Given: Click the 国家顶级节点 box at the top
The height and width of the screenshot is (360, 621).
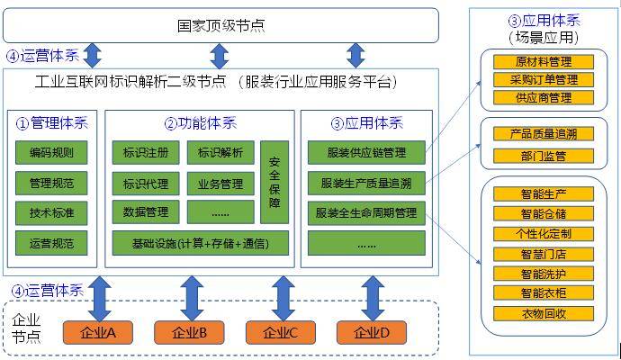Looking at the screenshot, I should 220,25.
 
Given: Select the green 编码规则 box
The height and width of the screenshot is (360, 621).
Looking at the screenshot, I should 51,152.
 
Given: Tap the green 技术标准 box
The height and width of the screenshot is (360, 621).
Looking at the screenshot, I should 51,213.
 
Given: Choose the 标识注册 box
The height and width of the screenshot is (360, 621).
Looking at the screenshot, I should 145,152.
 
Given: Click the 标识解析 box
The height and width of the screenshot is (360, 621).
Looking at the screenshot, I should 220,152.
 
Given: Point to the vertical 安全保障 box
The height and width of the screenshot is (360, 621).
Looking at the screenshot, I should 274,181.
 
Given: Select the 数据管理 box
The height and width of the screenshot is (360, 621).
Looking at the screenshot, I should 145,212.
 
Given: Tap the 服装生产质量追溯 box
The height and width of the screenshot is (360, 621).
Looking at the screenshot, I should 365,184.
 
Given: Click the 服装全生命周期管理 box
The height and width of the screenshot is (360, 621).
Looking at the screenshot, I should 365,213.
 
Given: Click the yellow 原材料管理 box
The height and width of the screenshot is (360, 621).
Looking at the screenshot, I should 544,62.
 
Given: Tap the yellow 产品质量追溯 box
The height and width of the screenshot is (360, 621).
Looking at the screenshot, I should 544,134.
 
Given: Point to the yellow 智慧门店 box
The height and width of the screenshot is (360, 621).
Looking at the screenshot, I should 544,254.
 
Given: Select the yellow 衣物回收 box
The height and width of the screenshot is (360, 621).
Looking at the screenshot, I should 544,314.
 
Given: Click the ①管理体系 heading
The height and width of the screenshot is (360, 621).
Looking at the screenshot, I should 50,123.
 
